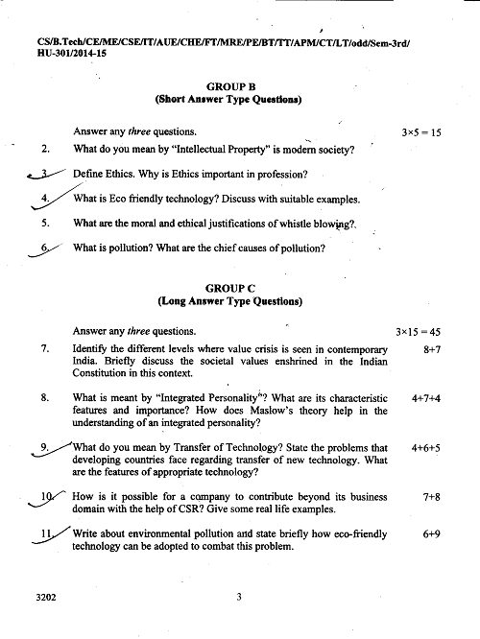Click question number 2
pos(45,150)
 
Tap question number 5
pos(45,224)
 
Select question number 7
pos(45,349)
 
